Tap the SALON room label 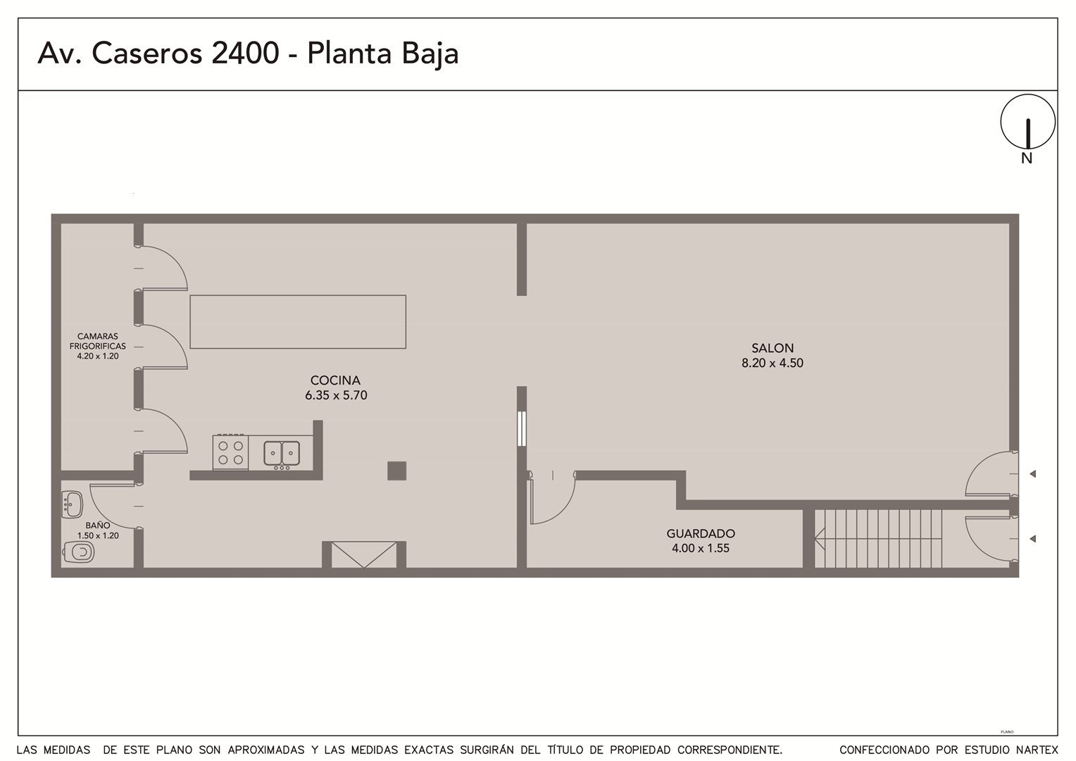[772, 347]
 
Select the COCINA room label [335, 380]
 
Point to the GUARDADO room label [701, 533]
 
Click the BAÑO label [98, 526]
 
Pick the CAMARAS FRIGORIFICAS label [97, 341]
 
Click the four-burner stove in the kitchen [230, 452]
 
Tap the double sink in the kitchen [282, 454]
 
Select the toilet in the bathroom [78, 552]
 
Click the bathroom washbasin [72, 505]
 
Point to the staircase [877, 538]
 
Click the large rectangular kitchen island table [298, 321]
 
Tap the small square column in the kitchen [396, 471]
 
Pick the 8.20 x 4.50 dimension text [772, 363]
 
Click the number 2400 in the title [245, 53]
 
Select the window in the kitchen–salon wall [522, 428]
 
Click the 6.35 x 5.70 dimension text [336, 395]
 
